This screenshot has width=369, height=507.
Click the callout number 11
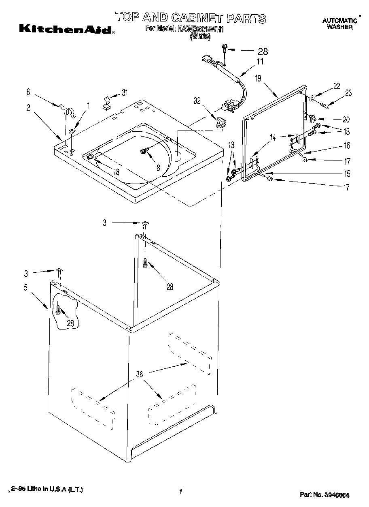coord(260,62)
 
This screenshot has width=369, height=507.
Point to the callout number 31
coord(124,92)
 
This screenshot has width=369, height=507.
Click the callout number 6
coord(28,92)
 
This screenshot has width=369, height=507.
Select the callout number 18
coord(116,172)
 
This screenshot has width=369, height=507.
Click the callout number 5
coord(25,288)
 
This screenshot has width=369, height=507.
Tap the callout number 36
coord(139,375)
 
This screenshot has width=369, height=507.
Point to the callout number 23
coord(348,93)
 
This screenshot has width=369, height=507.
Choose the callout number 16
coord(347,145)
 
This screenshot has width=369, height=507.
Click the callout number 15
coord(347,174)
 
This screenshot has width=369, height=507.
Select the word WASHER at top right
coord(339,27)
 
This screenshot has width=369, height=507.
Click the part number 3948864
coord(337,495)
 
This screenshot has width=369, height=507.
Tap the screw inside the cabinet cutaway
coord(59,311)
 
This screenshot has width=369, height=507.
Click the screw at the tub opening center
coord(144,151)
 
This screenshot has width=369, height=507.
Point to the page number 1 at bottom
coord(180,492)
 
